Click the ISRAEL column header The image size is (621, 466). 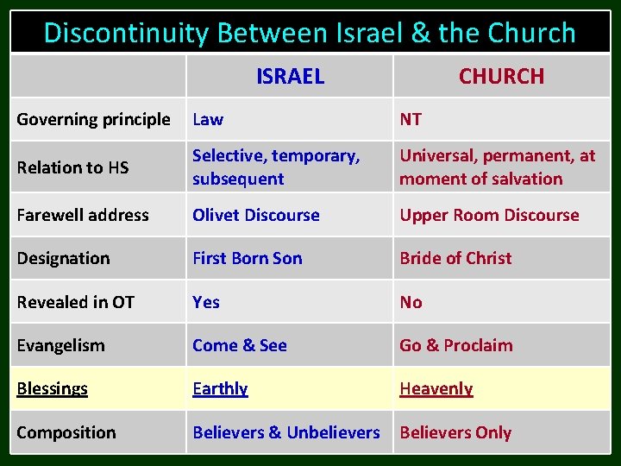coord(290,76)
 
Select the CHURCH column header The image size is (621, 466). coord(501,76)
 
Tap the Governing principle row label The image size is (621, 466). coord(93,119)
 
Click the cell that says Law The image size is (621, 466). coord(208,119)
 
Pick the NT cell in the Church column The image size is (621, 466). coord(411,119)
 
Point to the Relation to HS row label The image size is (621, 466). coord(72,167)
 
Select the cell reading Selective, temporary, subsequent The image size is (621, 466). coord(276,167)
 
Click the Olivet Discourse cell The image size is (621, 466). coord(256,215)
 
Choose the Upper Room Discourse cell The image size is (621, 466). coord(489,215)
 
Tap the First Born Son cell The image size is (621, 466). coord(248,258)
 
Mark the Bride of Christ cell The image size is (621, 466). coord(455,258)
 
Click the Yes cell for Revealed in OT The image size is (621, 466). coord(206,302)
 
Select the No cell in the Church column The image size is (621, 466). coord(411,302)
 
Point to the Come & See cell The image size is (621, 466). coord(240,345)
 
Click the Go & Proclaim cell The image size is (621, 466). coord(455,345)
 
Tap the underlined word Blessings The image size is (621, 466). coord(52,388)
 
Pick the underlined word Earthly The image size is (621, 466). coord(220,388)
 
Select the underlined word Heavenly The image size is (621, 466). coord(436,388)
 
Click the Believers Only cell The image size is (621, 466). coord(455,432)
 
